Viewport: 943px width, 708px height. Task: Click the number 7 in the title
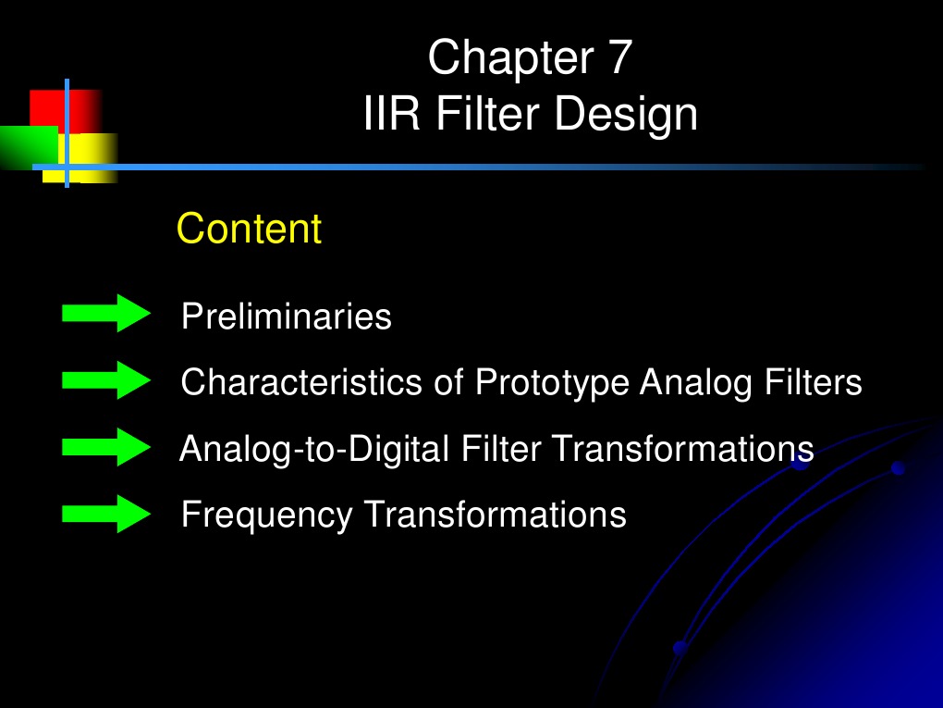[618, 57]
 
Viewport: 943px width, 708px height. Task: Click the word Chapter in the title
[511, 57]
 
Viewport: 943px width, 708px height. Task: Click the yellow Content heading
[249, 229]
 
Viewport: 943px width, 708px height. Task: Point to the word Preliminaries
[287, 317]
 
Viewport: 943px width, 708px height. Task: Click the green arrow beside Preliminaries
[105, 314]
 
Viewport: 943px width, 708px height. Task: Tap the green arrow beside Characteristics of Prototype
[105, 380]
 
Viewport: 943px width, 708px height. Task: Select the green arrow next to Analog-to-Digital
[105, 447]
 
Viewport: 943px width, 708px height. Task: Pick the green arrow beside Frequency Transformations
[105, 514]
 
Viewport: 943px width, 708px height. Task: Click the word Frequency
[266, 515]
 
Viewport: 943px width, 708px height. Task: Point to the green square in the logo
[28, 146]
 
